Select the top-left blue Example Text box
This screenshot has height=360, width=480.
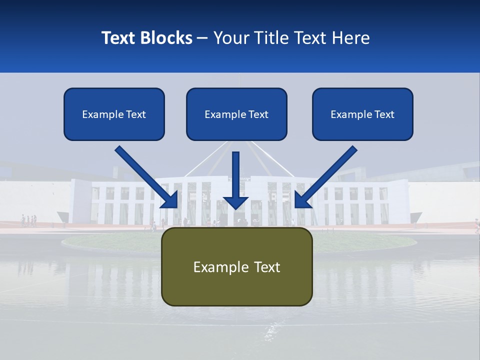tap(114, 114)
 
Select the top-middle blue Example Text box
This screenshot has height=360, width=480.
tap(236, 114)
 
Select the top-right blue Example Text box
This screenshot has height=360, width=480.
tap(362, 114)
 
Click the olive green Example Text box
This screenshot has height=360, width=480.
tap(237, 267)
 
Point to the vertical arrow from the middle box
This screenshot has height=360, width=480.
tap(236, 175)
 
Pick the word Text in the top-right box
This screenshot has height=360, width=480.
tap(384, 114)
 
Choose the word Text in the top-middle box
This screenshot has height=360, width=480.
tap(258, 114)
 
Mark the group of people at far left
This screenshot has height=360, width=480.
tap(28, 220)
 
